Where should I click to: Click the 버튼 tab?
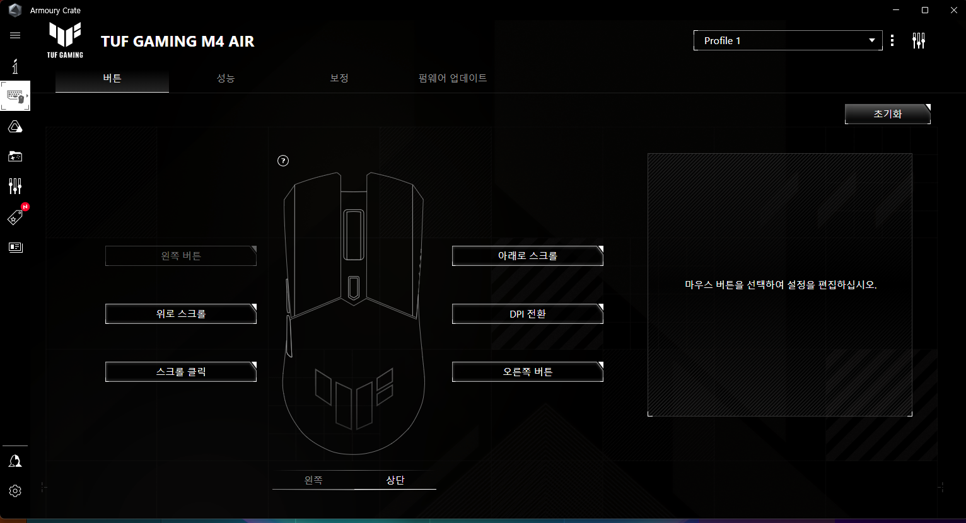(112, 79)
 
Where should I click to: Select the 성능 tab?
(226, 79)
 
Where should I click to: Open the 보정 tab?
(339, 79)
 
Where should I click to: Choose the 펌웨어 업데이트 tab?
(453, 79)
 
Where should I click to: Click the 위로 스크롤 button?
(181, 314)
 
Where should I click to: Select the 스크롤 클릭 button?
(181, 372)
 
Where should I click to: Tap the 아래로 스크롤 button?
(528, 256)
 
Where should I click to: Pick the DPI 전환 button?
(528, 314)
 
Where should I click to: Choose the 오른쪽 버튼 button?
(528, 372)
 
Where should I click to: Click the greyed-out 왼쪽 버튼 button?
(181, 256)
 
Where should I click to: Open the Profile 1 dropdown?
(788, 40)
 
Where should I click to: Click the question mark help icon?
(283, 161)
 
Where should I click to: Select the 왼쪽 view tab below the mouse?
(313, 480)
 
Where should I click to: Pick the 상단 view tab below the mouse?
(395, 480)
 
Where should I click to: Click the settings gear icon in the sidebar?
(15, 491)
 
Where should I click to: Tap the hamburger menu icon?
(15, 35)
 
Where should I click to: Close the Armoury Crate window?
(954, 10)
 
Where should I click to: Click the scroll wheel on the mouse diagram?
(353, 235)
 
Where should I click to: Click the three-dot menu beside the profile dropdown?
(892, 41)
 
